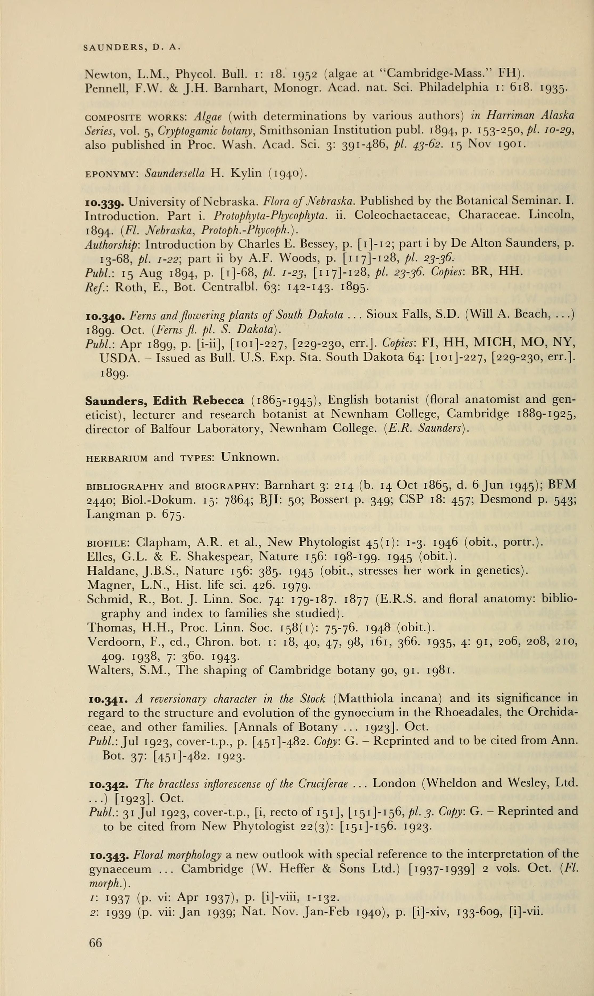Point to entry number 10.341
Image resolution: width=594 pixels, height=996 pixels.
pyautogui.click(x=107, y=699)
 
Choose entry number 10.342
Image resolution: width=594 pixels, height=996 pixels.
pyautogui.click(x=108, y=784)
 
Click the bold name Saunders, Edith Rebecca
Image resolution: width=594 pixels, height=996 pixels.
pyautogui.click(x=165, y=400)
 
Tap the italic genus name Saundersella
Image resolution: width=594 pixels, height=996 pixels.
pyautogui.click(x=175, y=174)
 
